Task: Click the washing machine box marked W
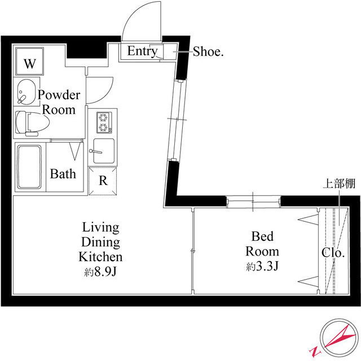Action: (30, 64)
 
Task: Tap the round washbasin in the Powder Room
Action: (25, 93)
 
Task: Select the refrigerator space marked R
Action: (103, 180)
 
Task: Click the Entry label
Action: (142, 51)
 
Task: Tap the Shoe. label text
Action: (209, 52)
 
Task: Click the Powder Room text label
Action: (59, 102)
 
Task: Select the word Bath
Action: (63, 174)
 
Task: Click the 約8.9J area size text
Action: (101, 273)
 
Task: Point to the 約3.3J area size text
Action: (262, 267)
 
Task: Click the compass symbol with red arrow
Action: (337, 340)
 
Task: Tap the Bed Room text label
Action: (263, 243)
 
